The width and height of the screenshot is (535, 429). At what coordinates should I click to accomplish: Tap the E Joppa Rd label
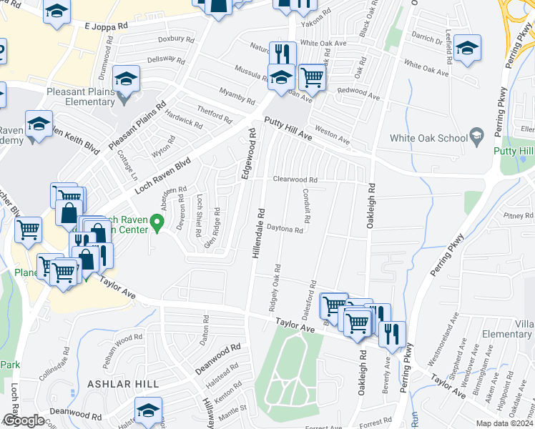pos(106,26)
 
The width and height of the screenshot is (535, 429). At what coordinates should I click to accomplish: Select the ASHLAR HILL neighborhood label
pos(122,384)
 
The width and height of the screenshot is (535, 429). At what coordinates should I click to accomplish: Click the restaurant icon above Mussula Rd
pos(283,52)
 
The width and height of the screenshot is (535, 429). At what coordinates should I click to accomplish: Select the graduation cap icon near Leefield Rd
pos(467,48)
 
